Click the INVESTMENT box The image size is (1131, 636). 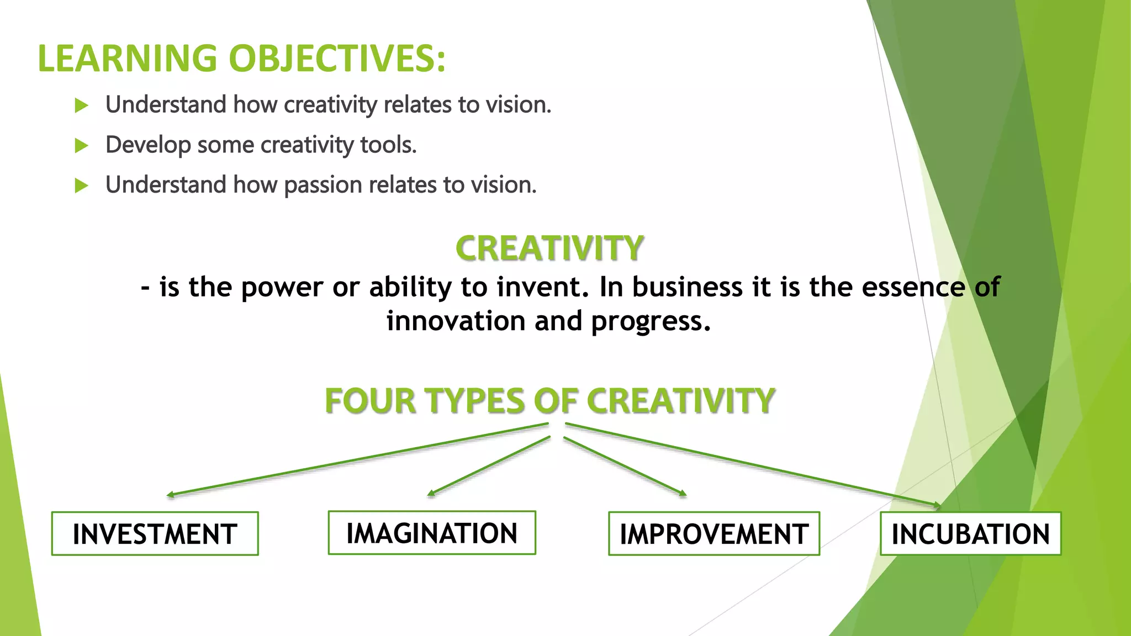(155, 534)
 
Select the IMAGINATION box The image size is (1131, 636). (432, 533)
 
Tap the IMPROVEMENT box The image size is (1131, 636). (714, 534)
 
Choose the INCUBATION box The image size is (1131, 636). (970, 534)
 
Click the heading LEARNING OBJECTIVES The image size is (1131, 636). (241, 59)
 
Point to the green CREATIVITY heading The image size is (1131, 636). (549, 248)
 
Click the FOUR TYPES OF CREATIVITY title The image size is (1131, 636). (549, 400)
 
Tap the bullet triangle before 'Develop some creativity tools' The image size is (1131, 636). (82, 146)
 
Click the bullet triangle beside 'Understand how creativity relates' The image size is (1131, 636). (82, 105)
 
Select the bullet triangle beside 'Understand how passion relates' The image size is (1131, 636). (82, 185)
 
